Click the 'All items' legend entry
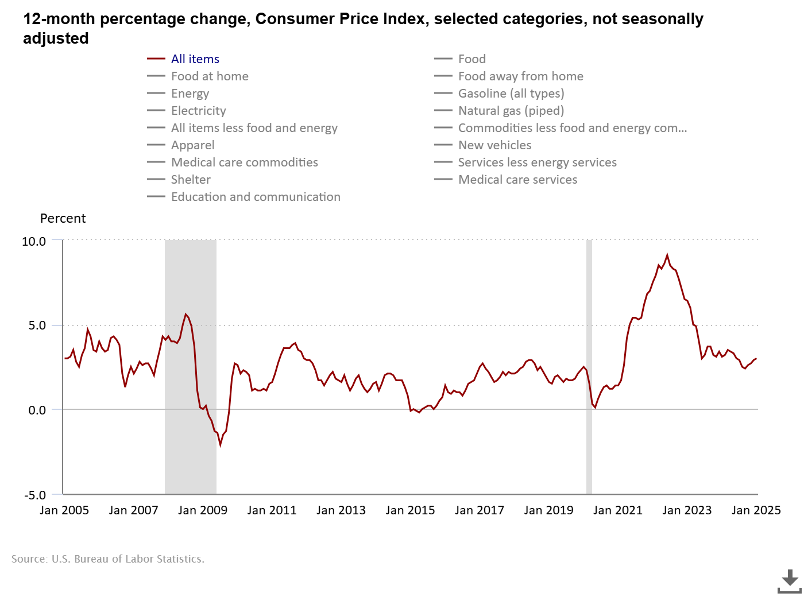pos(195,59)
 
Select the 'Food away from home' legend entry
pos(520,76)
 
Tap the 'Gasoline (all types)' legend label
pos(511,94)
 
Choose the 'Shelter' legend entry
pos(191,180)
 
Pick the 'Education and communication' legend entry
pos(256,197)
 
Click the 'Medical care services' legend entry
pos(517,180)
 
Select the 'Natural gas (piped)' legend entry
pos(511,111)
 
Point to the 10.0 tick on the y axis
pos(34,242)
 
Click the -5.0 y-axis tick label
pos(34,495)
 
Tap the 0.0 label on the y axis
pos(37,410)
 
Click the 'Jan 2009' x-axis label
pos(203,510)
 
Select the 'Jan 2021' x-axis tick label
pos(618,510)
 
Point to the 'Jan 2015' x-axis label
pos(410,510)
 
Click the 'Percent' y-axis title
pos(63,219)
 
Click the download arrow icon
pos(790,580)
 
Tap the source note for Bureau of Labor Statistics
pos(108,559)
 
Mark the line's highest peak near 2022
pos(667,255)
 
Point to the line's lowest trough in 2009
pos(220,444)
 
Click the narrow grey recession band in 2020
pos(589,367)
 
